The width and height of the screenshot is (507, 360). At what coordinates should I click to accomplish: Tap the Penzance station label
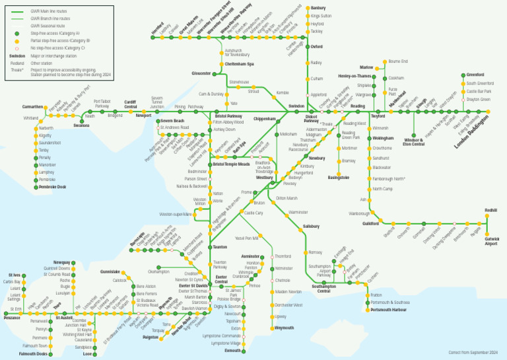pos(13,317)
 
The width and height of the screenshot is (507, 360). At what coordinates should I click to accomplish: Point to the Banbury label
pos(318,8)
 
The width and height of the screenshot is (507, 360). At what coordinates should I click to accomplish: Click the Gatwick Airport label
pos(492,242)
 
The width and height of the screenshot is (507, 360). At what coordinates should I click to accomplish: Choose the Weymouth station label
pos(284,328)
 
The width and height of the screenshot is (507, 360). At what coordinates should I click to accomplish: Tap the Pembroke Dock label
pos(53,187)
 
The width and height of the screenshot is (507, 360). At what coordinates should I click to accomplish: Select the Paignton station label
pos(150,337)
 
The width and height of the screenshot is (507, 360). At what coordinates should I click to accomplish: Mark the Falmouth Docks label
pos(33,353)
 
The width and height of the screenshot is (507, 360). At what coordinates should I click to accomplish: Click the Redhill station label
pos(490,210)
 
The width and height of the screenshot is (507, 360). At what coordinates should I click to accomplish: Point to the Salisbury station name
pos(311,226)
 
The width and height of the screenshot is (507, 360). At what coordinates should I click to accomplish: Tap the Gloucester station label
pos(201,73)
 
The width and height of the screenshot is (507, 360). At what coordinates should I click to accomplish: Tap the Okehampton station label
pos(158,271)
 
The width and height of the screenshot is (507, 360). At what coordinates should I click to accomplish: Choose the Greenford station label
pos(475,75)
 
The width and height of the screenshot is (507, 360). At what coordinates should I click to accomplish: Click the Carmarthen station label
pos(32,106)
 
